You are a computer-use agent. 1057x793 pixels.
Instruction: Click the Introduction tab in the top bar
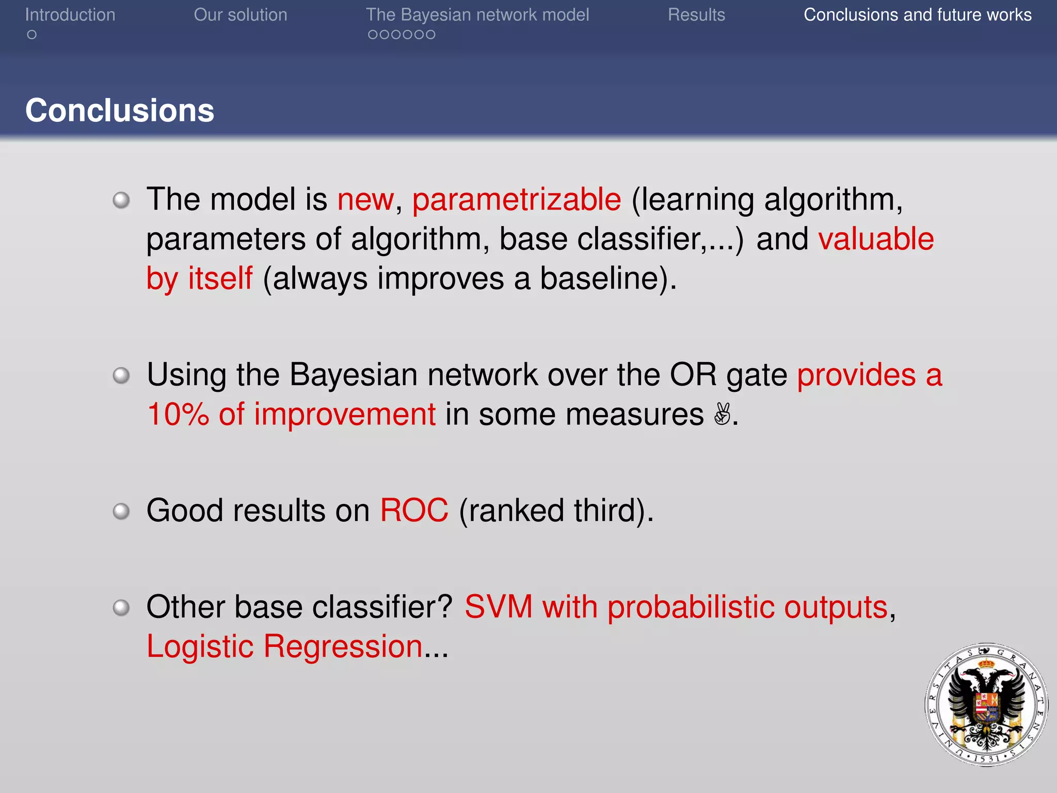pyautogui.click(x=70, y=15)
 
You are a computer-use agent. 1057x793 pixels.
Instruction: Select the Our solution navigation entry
pyautogui.click(x=241, y=15)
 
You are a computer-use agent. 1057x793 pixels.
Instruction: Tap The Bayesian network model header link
pyautogui.click(x=477, y=15)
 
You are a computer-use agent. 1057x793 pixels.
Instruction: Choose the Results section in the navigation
pyautogui.click(x=696, y=15)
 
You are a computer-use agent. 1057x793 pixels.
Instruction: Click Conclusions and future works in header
pyautogui.click(x=917, y=15)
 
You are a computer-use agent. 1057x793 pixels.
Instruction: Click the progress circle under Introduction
pyautogui.click(x=32, y=35)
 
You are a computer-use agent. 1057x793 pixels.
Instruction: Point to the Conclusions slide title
pyautogui.click(x=120, y=110)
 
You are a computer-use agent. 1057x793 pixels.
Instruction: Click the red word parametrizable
pyautogui.click(x=517, y=200)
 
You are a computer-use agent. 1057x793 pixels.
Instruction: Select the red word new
pyautogui.click(x=365, y=200)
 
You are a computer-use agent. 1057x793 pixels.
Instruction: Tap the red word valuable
pyautogui.click(x=876, y=239)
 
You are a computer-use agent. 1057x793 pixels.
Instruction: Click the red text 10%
pyautogui.click(x=178, y=415)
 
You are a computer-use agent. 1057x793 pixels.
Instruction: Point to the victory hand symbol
pyautogui.click(x=722, y=414)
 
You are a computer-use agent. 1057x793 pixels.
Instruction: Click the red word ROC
pyautogui.click(x=414, y=511)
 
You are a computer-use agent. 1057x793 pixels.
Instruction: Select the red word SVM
pyautogui.click(x=499, y=607)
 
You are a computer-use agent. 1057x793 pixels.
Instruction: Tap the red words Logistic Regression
pyautogui.click(x=284, y=646)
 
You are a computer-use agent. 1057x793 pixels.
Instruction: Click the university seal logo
pyautogui.click(x=986, y=705)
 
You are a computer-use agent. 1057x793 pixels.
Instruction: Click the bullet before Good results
pyautogui.click(x=121, y=511)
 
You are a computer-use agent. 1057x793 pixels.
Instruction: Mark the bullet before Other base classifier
pyautogui.click(x=121, y=607)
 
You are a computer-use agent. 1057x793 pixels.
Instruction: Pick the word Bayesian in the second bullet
pyautogui.click(x=354, y=375)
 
